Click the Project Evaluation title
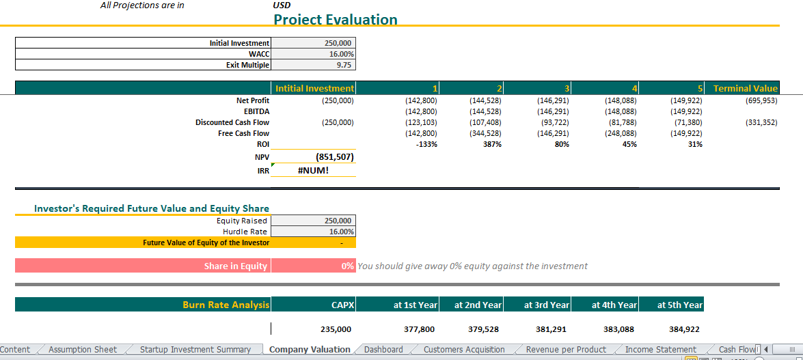pyautogui.click(x=335, y=19)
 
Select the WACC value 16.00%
pyautogui.click(x=340, y=54)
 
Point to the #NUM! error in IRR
pyautogui.click(x=314, y=170)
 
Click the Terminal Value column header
pyautogui.click(x=745, y=88)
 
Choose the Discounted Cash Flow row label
pyautogui.click(x=232, y=122)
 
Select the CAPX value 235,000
pyautogui.click(x=336, y=329)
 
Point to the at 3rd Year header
pyautogui.click(x=547, y=305)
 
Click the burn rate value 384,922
pyautogui.click(x=684, y=329)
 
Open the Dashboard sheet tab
pyautogui.click(x=383, y=350)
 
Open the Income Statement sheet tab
pyautogui.click(x=660, y=350)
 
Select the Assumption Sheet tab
pyautogui.click(x=83, y=350)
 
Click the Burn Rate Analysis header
pyautogui.click(x=226, y=305)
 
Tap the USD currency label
pyautogui.click(x=282, y=5)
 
